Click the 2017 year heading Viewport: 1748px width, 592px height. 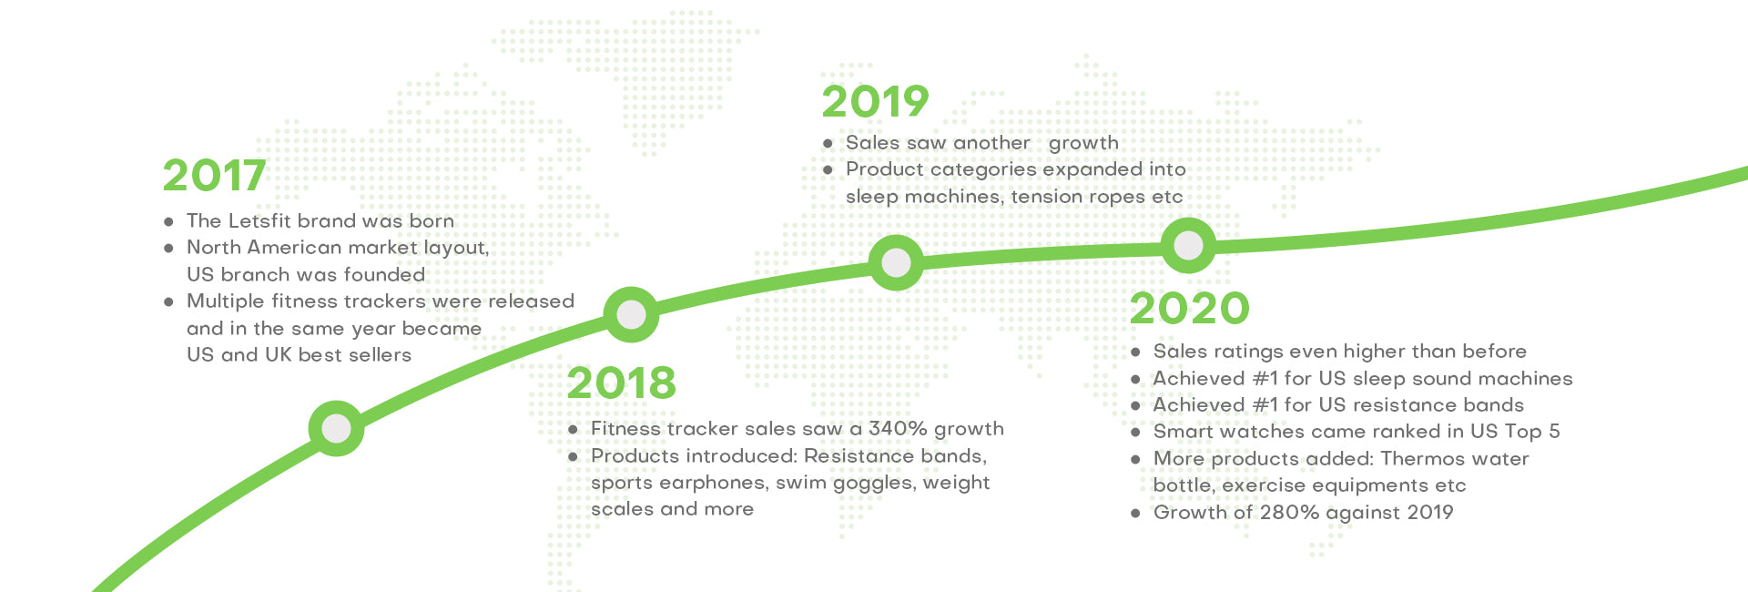click(214, 176)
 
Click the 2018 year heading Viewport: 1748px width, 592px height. click(622, 383)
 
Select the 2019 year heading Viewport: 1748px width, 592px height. click(875, 101)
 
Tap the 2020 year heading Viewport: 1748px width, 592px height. click(1189, 308)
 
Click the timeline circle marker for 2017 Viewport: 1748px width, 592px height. click(336, 428)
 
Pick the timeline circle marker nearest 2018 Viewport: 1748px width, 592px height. click(631, 315)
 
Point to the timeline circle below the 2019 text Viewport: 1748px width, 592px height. click(896, 263)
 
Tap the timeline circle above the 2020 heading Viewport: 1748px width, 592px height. click(1188, 245)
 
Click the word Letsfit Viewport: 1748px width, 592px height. click(259, 220)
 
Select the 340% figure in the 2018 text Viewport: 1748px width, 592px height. click(898, 428)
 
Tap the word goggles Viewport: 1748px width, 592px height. click(874, 484)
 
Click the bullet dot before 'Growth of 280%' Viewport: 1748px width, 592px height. click(1135, 513)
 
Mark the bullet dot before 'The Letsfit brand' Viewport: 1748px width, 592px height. click(168, 221)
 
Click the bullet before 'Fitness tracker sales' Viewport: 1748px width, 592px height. click(573, 429)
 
